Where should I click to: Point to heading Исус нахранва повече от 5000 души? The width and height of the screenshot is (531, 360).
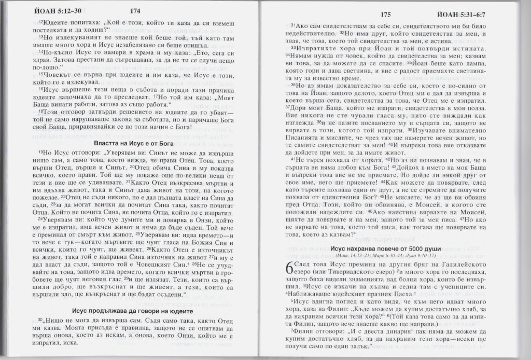[x=393, y=249]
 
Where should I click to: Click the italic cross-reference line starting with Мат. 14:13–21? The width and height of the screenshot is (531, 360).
[x=393, y=256]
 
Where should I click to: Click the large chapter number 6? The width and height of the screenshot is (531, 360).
[x=289, y=270]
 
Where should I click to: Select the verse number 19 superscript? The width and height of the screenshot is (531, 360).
[x=40, y=153]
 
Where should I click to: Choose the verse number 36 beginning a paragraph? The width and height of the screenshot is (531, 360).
[x=293, y=85]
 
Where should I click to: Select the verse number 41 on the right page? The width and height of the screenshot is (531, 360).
[x=293, y=158]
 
